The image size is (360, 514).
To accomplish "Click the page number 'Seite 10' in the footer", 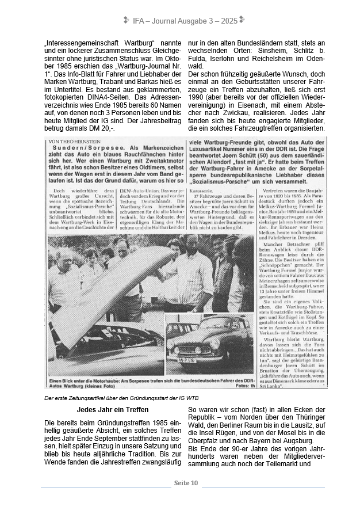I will pos(186,483).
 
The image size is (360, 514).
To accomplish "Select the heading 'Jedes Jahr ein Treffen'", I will pos(113,410).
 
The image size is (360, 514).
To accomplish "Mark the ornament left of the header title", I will pos(126,20).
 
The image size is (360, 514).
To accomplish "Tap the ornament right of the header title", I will pos(242,20).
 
